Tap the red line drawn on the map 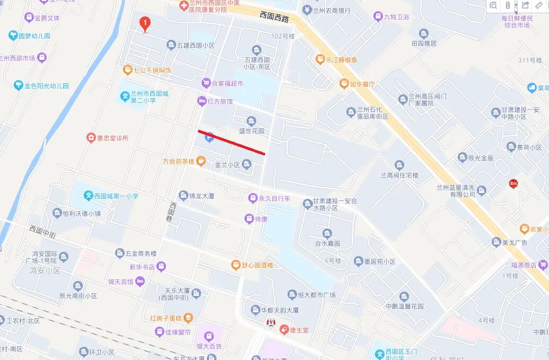(231, 142)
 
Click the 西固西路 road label (274, 17)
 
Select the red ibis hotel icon (513, 184)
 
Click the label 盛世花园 (251, 131)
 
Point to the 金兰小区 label (228, 165)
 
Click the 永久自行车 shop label (274, 198)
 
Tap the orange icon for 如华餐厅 (344, 84)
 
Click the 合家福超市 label (227, 83)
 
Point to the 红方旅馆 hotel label (220, 101)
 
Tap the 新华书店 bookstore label (142, 267)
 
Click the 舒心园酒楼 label (258, 265)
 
